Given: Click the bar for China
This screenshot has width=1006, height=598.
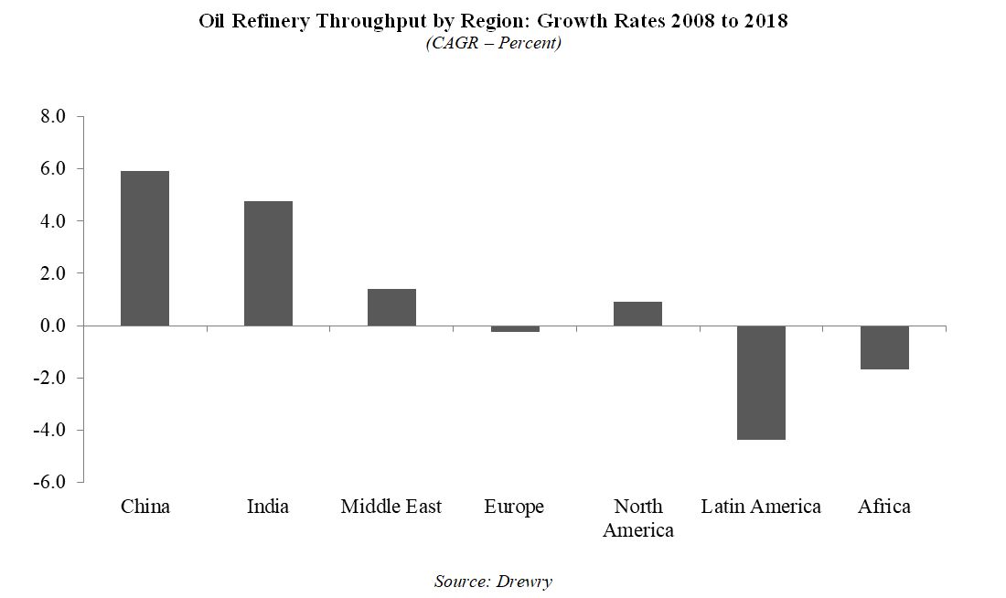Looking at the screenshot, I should [x=144, y=248].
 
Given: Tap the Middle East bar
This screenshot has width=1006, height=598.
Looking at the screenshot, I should [x=391, y=307].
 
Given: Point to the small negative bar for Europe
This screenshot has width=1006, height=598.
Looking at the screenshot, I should [x=515, y=328].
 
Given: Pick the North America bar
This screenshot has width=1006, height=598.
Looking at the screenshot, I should [x=638, y=314].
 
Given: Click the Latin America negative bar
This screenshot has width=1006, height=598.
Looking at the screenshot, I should [x=761, y=382].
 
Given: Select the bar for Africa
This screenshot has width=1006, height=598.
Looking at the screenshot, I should [x=884, y=347].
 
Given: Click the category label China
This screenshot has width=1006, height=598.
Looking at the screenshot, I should [x=145, y=507].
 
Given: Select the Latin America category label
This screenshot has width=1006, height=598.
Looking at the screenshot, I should [x=761, y=507].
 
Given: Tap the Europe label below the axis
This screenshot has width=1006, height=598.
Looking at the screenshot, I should [x=514, y=507].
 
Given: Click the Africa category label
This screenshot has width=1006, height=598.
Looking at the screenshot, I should [x=884, y=507].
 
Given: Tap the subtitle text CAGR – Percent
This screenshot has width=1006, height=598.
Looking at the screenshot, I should [x=493, y=44].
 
